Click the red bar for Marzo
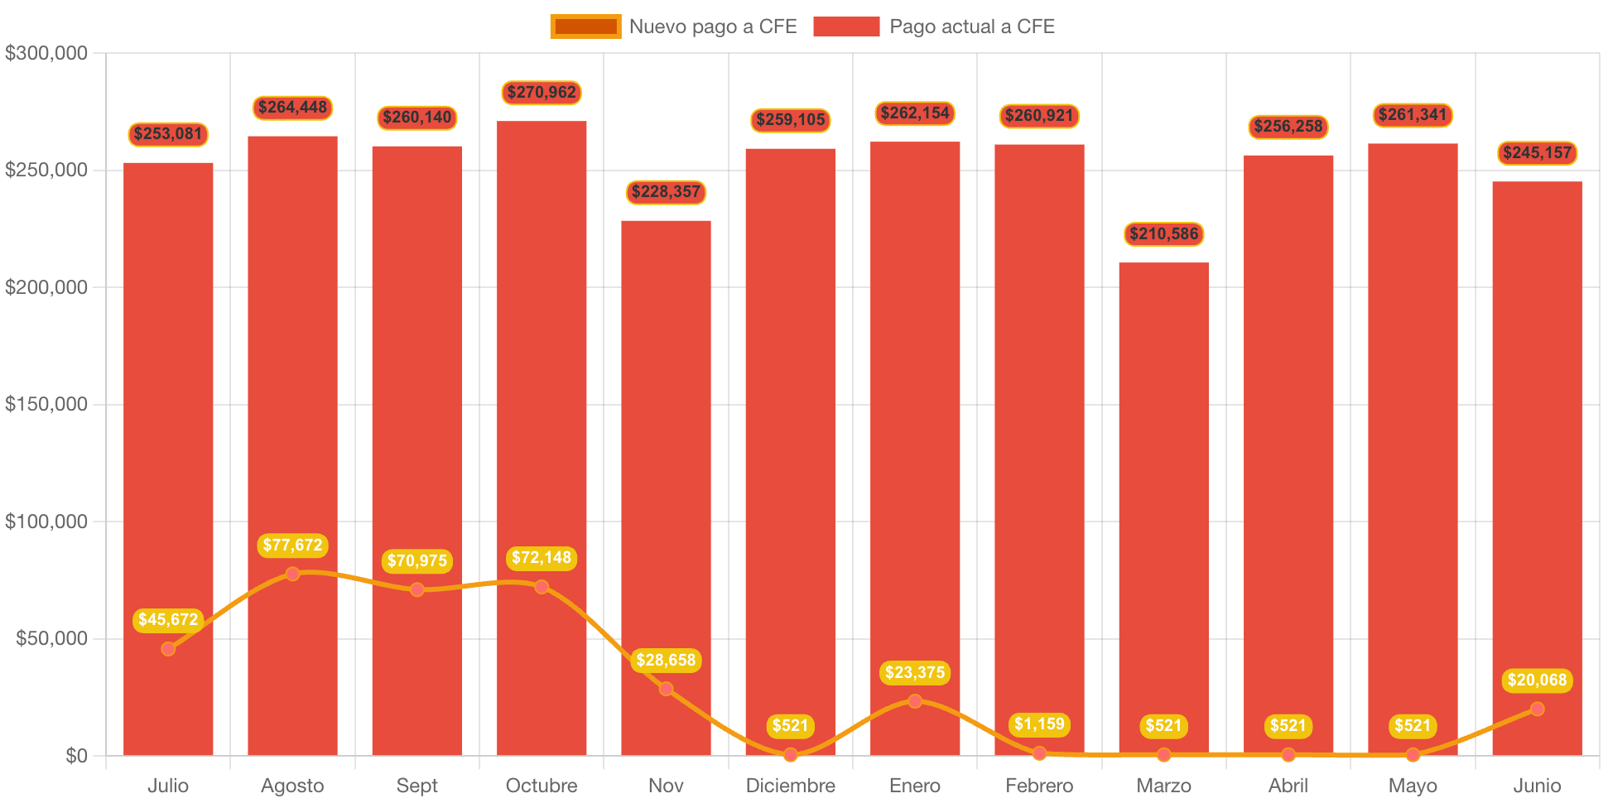click(x=1163, y=497)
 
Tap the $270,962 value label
click(x=542, y=93)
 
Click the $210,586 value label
click(x=1163, y=234)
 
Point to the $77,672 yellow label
click(x=292, y=545)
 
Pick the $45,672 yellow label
click(x=168, y=619)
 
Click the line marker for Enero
click(x=915, y=701)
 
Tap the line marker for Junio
click(x=1537, y=709)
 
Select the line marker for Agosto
click(x=292, y=574)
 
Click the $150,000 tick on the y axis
click(x=46, y=404)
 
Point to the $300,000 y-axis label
click(x=46, y=53)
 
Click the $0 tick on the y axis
click(x=76, y=756)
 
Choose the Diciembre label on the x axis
click(x=790, y=786)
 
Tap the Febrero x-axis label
click(x=1039, y=786)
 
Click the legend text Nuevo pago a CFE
click(x=713, y=26)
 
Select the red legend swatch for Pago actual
click(x=846, y=26)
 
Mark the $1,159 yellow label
click(x=1039, y=724)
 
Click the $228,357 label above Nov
click(x=666, y=192)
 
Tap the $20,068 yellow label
click(x=1537, y=680)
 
